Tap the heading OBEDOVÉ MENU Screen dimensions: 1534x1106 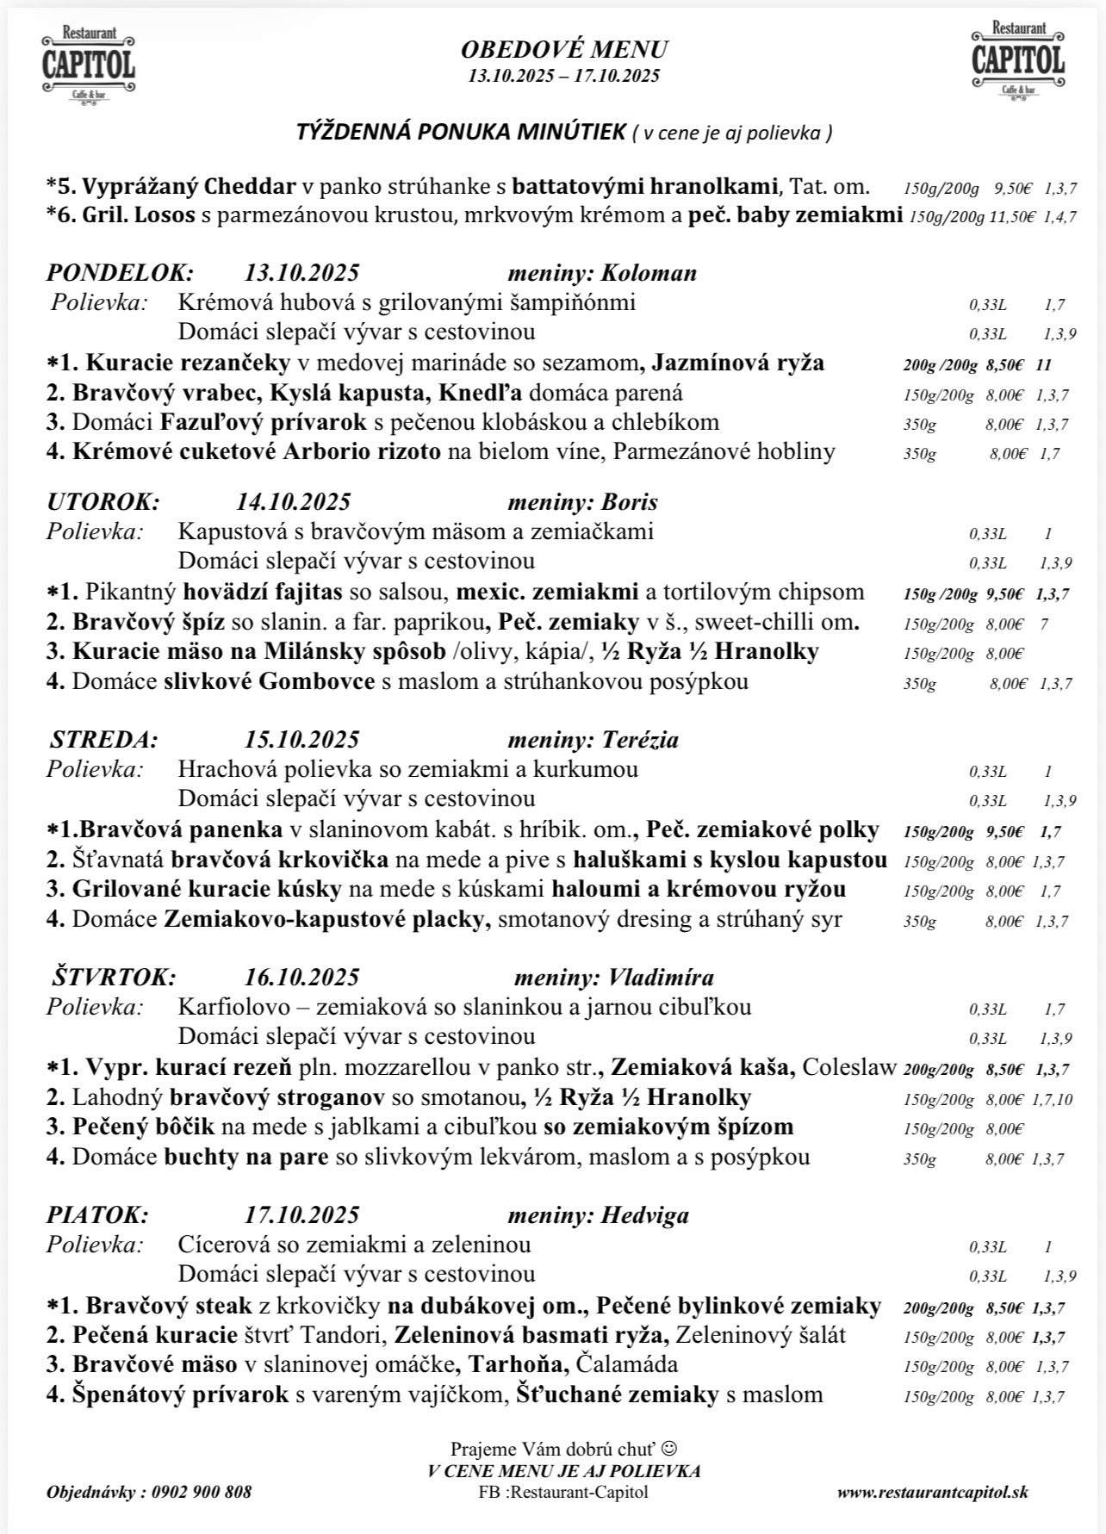point(564,49)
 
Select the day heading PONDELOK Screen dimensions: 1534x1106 point(120,273)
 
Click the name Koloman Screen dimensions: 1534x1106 point(649,273)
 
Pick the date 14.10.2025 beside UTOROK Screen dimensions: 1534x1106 point(293,502)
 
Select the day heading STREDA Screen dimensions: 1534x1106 point(104,740)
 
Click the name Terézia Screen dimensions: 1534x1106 point(640,740)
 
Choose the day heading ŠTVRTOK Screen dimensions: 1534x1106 point(113,978)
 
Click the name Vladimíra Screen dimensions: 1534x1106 point(661,978)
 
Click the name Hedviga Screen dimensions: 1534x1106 point(645,1215)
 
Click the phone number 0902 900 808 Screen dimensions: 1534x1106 point(201,1492)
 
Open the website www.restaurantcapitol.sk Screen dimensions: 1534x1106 point(932,1492)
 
